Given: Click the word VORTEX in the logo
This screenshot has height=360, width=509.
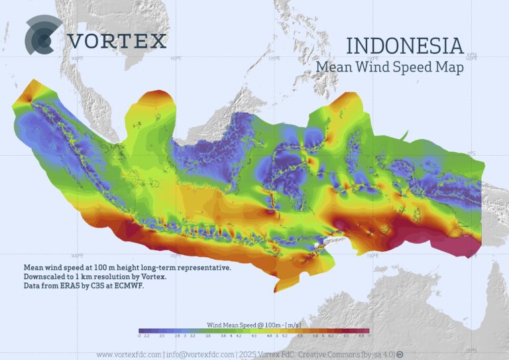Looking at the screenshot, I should [x=117, y=41].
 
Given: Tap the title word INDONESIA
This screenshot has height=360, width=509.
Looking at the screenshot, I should [x=404, y=46].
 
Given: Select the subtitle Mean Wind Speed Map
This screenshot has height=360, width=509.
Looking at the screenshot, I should [x=389, y=67].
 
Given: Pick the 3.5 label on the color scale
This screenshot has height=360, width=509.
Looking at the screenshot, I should [x=207, y=337].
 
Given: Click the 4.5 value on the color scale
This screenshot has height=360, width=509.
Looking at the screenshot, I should [x=254, y=337].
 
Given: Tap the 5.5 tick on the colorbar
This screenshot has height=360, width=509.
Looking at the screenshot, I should [x=300, y=337].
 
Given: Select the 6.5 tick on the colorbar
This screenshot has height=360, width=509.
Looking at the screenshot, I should [x=347, y=337].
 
